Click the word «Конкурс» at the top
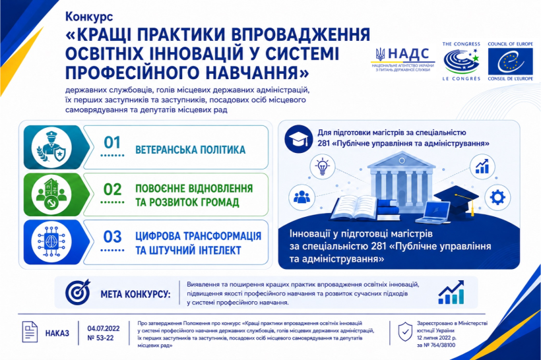click(x=89, y=16)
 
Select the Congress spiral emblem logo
click(x=461, y=61)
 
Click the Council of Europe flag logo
click(x=510, y=61)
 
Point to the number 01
click(x=112, y=142)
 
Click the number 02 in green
click(x=112, y=189)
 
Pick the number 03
click(x=112, y=237)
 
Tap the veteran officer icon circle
click(x=51, y=147)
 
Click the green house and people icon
click(x=51, y=195)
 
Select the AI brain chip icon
click(x=51, y=242)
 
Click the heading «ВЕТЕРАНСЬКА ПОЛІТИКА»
click(x=191, y=150)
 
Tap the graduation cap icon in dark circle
click(x=299, y=139)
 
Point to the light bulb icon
click(x=322, y=167)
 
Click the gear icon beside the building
click(x=497, y=198)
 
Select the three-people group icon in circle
click(x=302, y=197)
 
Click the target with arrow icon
click(x=78, y=292)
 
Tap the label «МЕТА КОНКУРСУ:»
click(x=136, y=295)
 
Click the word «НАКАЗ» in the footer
click(x=57, y=334)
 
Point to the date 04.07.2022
click(x=104, y=328)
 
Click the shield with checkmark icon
click(x=405, y=332)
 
